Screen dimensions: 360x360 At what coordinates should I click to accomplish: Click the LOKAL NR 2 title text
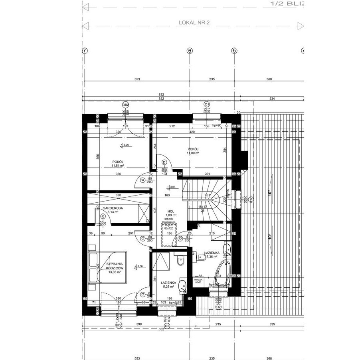(x=194, y=23)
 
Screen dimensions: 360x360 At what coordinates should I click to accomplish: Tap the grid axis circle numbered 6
(x=190, y=51)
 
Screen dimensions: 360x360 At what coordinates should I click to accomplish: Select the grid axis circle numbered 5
(x=234, y=51)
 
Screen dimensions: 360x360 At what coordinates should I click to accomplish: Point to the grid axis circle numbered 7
(x=84, y=51)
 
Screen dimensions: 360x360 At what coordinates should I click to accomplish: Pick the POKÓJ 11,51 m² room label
(x=118, y=164)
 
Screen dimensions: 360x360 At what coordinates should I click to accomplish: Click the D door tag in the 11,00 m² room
(x=164, y=162)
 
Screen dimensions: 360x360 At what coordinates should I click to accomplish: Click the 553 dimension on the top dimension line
(x=137, y=79)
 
